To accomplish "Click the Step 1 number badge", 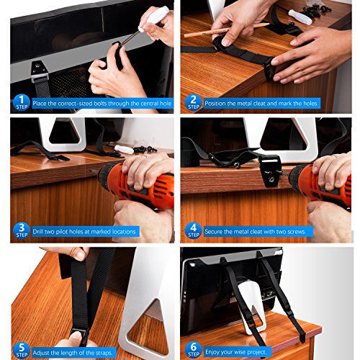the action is [x=22, y=103].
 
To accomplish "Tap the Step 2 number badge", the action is [x=194, y=103].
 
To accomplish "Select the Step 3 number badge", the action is [x=22, y=230].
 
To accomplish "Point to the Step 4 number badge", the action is [x=194, y=230].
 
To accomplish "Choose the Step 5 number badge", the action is [x=22, y=351].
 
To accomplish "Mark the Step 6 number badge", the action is [x=194, y=351].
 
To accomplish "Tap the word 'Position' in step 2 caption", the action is [x=215, y=104].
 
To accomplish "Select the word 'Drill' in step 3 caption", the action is [x=38, y=232].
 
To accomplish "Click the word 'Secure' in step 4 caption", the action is [x=213, y=232].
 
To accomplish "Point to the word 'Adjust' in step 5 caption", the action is [x=41, y=353].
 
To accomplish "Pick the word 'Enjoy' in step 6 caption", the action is [x=212, y=352].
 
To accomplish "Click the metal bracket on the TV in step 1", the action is [x=38, y=70].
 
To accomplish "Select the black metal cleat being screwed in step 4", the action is [x=270, y=170].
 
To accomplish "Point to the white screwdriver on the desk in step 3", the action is [x=124, y=149].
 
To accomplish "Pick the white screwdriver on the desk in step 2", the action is [x=300, y=17].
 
